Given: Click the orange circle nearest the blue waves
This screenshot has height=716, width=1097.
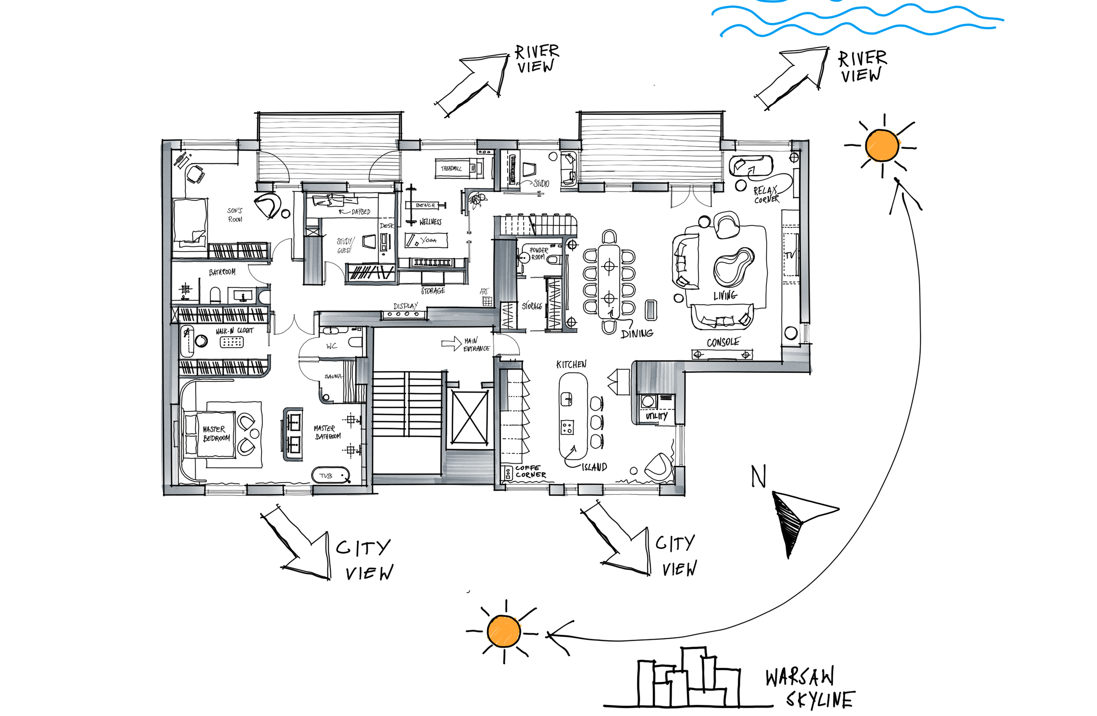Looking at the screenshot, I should pos(882,146).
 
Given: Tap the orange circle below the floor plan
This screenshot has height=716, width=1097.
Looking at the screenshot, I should pos(504,631).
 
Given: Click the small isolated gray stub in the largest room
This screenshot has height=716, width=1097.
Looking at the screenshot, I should pos(650,309).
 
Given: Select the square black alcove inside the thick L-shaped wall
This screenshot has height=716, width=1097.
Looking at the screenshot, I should pos(656,408).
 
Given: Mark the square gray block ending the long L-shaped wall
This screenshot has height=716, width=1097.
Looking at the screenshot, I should pos(796,357).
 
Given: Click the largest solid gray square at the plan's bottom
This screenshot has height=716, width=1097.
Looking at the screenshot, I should pos(467,467).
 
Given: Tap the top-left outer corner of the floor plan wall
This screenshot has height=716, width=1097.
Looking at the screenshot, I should pos(164,144).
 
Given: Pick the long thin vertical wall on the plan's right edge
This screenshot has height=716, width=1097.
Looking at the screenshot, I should pos(804,230).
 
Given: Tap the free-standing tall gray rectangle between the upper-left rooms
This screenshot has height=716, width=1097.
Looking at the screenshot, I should pos(313,260).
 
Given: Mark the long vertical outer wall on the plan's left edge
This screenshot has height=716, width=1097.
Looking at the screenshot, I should pos(166,318).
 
